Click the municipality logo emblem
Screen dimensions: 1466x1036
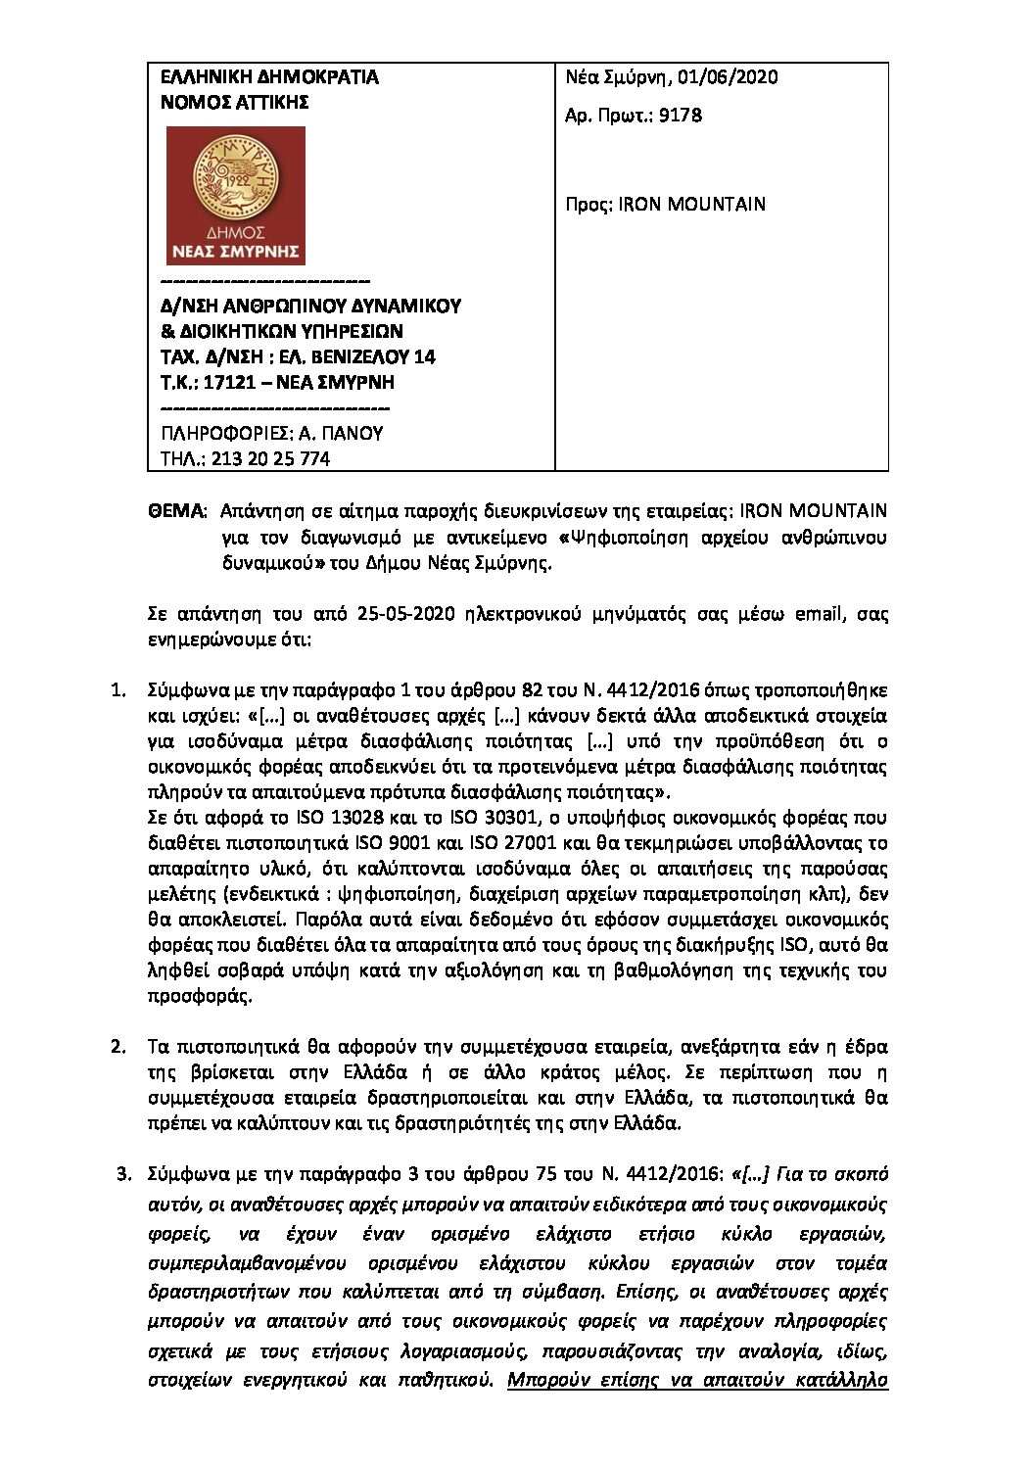[235, 195]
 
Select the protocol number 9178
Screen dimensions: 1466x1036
[681, 115]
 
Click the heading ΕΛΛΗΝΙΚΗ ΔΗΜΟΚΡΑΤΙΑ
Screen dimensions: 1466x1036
[268, 77]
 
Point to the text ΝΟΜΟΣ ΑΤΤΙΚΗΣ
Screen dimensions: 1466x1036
[234, 102]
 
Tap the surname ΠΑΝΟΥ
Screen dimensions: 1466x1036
[353, 434]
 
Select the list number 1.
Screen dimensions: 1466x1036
[118, 691]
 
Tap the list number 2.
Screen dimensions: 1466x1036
[118, 1047]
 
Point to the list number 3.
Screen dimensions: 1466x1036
[123, 1173]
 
